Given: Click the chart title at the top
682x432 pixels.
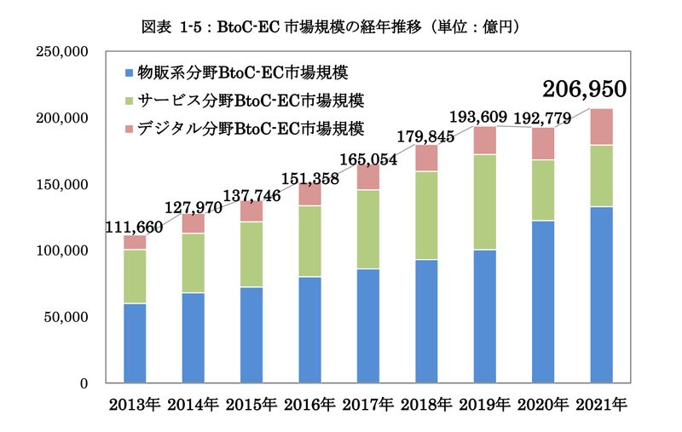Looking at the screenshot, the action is click(331, 27).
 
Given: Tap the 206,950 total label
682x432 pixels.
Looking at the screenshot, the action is click(584, 89).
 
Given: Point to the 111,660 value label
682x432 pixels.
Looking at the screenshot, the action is click(135, 227).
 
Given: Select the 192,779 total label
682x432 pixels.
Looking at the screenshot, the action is click(542, 118).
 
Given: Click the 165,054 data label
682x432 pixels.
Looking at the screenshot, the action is click(368, 159).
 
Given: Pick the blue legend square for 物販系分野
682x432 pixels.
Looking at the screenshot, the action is click(129, 72).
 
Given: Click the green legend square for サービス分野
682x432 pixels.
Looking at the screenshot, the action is click(129, 101).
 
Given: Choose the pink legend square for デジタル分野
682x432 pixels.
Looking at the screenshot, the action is click(129, 129).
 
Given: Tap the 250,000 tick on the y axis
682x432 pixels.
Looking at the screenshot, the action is click(62, 52).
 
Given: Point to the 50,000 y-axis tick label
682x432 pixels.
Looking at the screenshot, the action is click(66, 317).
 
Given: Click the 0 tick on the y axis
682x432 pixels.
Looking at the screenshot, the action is click(84, 383).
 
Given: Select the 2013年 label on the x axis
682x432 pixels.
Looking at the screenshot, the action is click(135, 405).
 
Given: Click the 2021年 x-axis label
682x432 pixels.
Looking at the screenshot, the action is click(602, 405).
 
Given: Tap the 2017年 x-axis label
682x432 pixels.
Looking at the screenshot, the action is click(368, 405).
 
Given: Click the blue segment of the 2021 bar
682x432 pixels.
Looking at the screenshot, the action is click(602, 295).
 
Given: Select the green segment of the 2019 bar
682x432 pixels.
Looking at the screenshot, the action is click(485, 202).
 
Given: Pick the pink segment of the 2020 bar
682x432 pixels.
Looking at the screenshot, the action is click(543, 144).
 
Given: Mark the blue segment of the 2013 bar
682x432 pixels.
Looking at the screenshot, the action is click(135, 343).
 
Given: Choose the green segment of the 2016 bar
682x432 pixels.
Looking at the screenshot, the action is click(310, 242).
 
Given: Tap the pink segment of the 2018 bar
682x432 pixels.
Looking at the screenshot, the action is click(427, 158).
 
